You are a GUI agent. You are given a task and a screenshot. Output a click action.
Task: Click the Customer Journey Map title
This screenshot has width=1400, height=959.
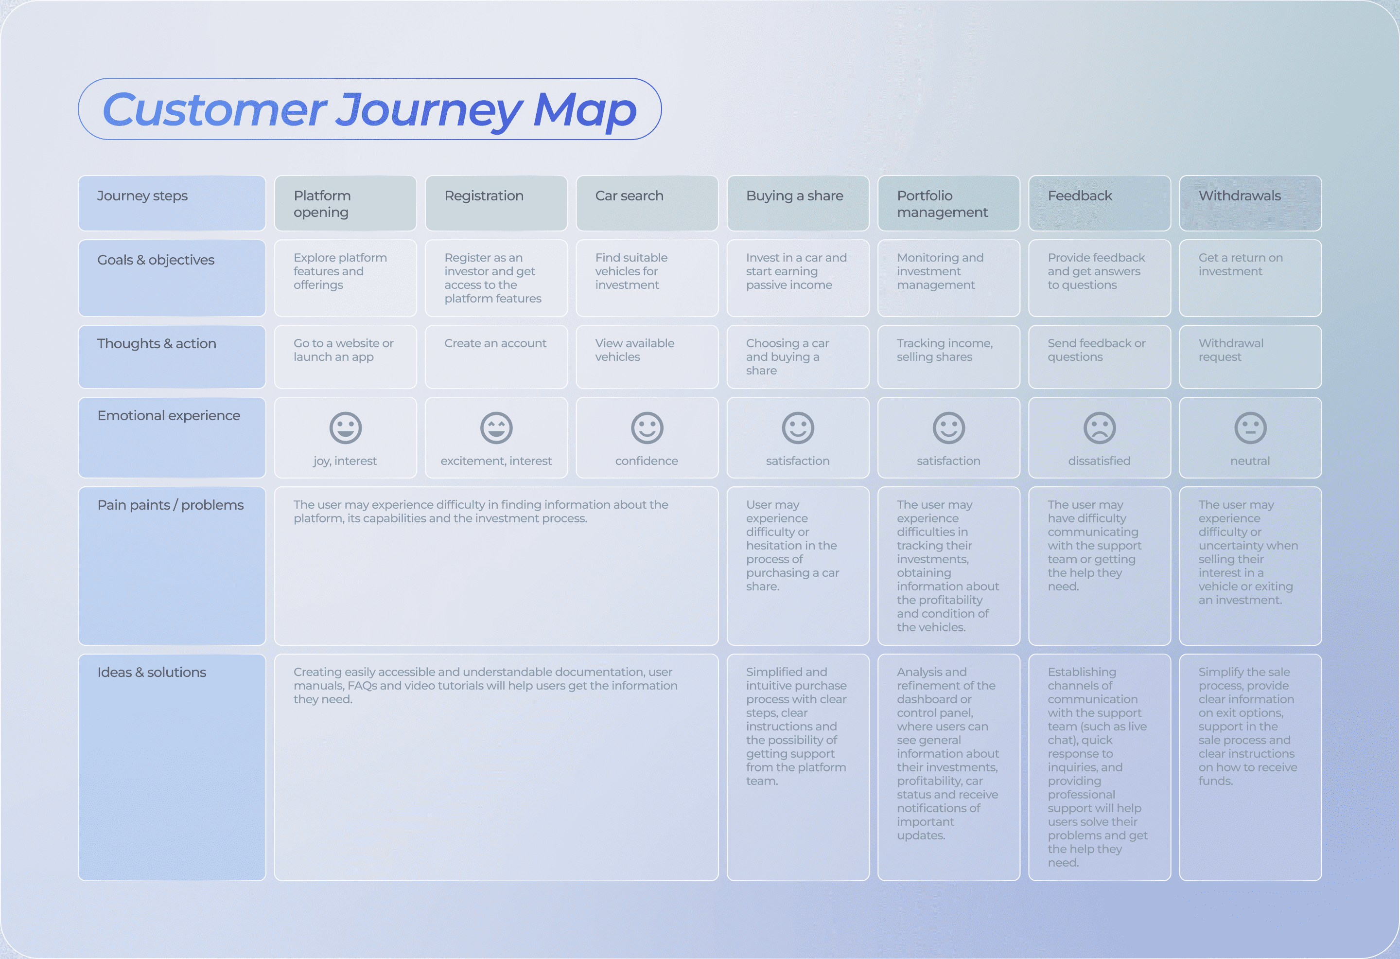click(369, 109)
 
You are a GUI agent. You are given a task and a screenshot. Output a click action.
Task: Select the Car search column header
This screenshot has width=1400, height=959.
click(647, 203)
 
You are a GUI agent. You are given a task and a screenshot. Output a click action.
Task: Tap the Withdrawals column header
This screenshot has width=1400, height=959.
click(1250, 203)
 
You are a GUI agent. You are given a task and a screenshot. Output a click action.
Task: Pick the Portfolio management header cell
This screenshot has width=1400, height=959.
click(948, 203)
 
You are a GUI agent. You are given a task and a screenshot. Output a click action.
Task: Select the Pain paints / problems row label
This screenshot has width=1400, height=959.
click(171, 505)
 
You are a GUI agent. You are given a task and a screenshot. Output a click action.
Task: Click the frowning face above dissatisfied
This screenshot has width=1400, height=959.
click(1100, 428)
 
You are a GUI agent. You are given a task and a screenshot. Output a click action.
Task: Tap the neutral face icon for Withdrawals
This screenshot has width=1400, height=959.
click(1250, 428)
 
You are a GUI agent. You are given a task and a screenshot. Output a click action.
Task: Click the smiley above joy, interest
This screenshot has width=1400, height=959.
click(345, 428)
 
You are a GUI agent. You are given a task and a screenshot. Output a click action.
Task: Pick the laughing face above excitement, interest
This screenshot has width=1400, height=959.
click(496, 428)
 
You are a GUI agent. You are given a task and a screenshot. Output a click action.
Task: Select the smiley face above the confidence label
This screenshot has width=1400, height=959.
click(647, 428)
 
